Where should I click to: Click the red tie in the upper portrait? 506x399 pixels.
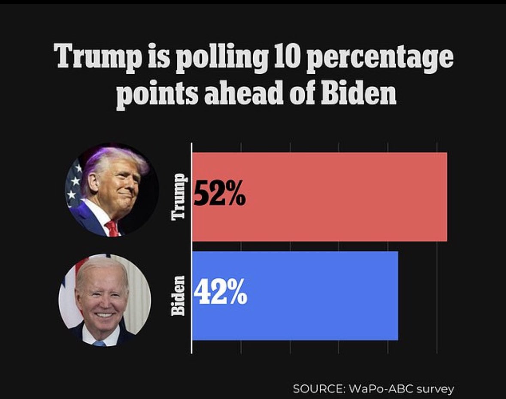click(113, 228)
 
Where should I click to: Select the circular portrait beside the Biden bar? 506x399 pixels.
click(105, 300)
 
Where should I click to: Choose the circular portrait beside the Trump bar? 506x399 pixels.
click(112, 190)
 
